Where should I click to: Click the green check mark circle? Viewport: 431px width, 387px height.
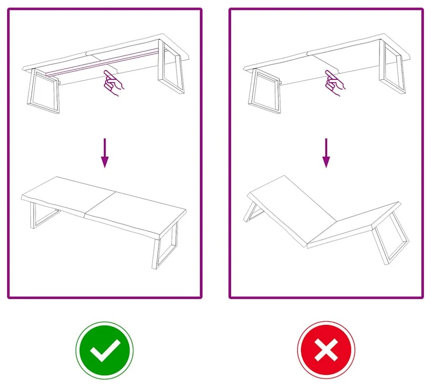(104, 350)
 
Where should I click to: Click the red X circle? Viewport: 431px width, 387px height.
(326, 350)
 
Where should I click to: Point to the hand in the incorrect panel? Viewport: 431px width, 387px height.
(334, 83)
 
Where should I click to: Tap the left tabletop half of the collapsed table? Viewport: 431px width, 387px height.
(292, 203)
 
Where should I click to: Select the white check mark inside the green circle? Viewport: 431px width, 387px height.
(104, 350)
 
